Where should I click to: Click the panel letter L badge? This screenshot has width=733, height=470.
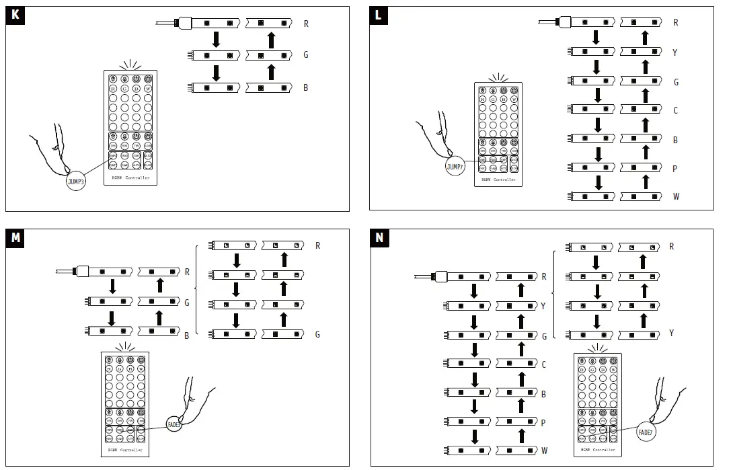click(x=379, y=15)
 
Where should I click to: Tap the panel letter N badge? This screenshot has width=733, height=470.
click(x=379, y=237)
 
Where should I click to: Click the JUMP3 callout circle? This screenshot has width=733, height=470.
click(x=76, y=182)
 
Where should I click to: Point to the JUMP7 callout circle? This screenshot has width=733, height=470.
click(x=455, y=167)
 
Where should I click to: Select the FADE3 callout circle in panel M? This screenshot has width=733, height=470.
click(x=174, y=424)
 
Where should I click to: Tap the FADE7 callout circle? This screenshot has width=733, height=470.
click(x=646, y=432)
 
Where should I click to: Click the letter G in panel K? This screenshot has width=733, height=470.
click(x=306, y=55)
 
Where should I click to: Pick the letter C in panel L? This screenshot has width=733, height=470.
click(x=675, y=111)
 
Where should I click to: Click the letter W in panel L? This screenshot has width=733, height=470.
click(x=675, y=197)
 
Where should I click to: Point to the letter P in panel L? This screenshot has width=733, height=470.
click(x=675, y=169)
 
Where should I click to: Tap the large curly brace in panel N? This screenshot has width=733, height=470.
click(x=553, y=290)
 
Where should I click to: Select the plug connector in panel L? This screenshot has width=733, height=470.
click(x=564, y=22)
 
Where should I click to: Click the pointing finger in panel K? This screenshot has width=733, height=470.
click(x=54, y=151)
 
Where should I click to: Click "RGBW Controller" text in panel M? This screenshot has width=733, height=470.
click(x=126, y=449)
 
